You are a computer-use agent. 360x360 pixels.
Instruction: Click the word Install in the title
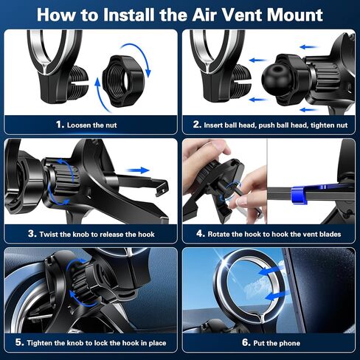click(x=129, y=15)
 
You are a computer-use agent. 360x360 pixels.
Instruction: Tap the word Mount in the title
click(x=295, y=15)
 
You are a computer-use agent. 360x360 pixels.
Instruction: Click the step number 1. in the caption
click(x=60, y=125)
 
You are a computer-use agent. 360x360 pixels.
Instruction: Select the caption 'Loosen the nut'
click(x=91, y=125)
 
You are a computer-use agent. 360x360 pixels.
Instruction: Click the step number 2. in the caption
click(x=197, y=125)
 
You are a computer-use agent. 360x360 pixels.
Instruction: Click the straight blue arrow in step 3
click(x=137, y=170)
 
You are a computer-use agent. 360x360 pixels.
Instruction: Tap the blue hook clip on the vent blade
click(x=299, y=195)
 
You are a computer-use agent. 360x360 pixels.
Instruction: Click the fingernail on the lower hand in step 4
click(x=244, y=202)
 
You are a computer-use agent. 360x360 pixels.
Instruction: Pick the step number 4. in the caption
click(x=201, y=234)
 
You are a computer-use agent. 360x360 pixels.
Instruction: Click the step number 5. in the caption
click(x=20, y=342)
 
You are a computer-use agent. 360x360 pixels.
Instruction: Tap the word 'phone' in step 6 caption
click(x=289, y=343)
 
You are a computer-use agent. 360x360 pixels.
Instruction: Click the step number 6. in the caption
click(x=246, y=342)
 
